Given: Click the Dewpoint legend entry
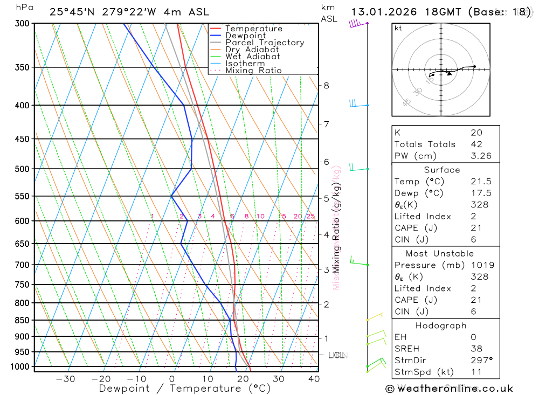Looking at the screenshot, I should [x=245, y=36].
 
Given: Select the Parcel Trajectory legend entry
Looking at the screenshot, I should [x=265, y=43].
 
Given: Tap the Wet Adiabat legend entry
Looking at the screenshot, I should [x=253, y=57].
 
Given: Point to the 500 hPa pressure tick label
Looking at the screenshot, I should [x=22, y=169].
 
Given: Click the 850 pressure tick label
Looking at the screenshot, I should [x=22, y=320].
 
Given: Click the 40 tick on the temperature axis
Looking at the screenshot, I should [x=314, y=379].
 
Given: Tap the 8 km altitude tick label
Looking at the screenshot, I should [x=327, y=85].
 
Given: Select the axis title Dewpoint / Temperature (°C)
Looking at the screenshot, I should [x=185, y=389].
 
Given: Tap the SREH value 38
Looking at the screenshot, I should [x=476, y=349].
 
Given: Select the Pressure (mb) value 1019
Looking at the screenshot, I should [x=479, y=265].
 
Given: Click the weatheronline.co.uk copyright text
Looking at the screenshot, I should [x=449, y=389].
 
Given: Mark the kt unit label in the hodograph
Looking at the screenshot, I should [x=398, y=28].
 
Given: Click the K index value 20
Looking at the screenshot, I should [x=476, y=133].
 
